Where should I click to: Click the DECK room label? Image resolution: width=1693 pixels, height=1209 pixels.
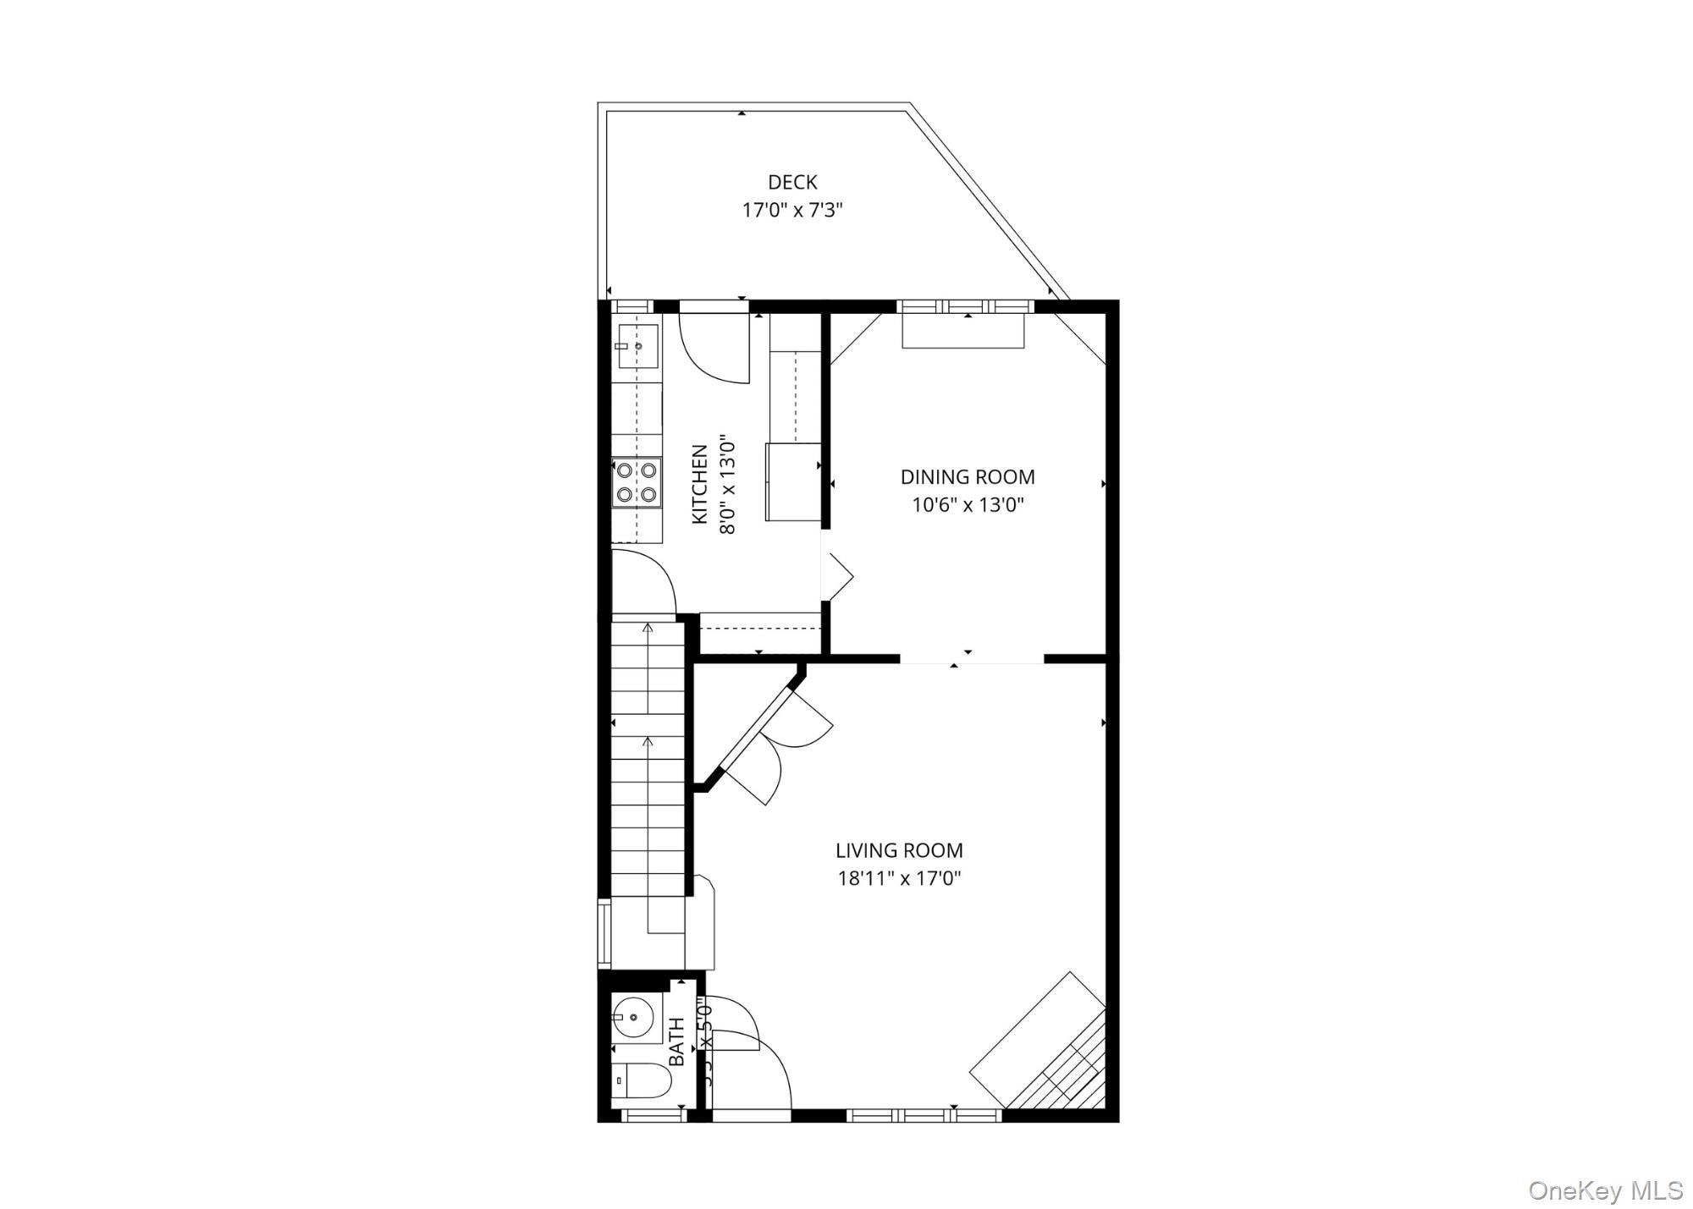point(792,182)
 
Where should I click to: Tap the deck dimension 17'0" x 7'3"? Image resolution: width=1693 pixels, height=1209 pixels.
point(792,210)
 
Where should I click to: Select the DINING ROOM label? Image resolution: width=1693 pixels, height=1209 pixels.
point(968,477)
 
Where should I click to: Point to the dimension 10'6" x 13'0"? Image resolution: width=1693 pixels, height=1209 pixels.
point(968,505)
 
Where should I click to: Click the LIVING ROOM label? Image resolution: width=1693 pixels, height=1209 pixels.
point(899,850)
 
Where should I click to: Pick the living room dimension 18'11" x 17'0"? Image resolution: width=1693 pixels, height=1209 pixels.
point(899,878)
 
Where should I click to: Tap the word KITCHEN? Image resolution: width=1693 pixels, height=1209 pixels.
point(700,484)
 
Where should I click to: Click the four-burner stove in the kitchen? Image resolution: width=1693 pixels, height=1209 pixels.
point(637,482)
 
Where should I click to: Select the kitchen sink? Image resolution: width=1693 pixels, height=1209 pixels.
point(637,346)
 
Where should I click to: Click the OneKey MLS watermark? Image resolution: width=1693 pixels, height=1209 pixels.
point(1605,1190)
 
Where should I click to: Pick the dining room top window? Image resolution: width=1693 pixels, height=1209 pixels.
point(965,306)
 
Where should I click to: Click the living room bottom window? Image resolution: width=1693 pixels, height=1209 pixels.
point(924,1115)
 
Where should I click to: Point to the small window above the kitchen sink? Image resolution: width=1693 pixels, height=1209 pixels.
point(631,306)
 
